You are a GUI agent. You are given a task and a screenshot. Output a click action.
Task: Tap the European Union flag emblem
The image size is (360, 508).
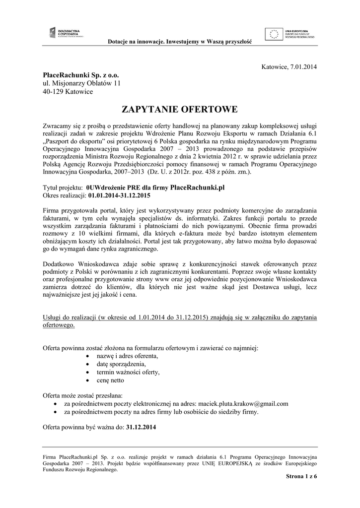tap(275, 33)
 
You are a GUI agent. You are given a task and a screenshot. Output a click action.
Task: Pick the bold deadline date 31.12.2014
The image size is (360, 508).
tap(142, 428)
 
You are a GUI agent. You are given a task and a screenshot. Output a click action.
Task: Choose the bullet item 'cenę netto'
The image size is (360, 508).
tap(111, 381)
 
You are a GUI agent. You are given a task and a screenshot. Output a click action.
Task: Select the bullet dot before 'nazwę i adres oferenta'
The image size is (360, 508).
tap(88, 357)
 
